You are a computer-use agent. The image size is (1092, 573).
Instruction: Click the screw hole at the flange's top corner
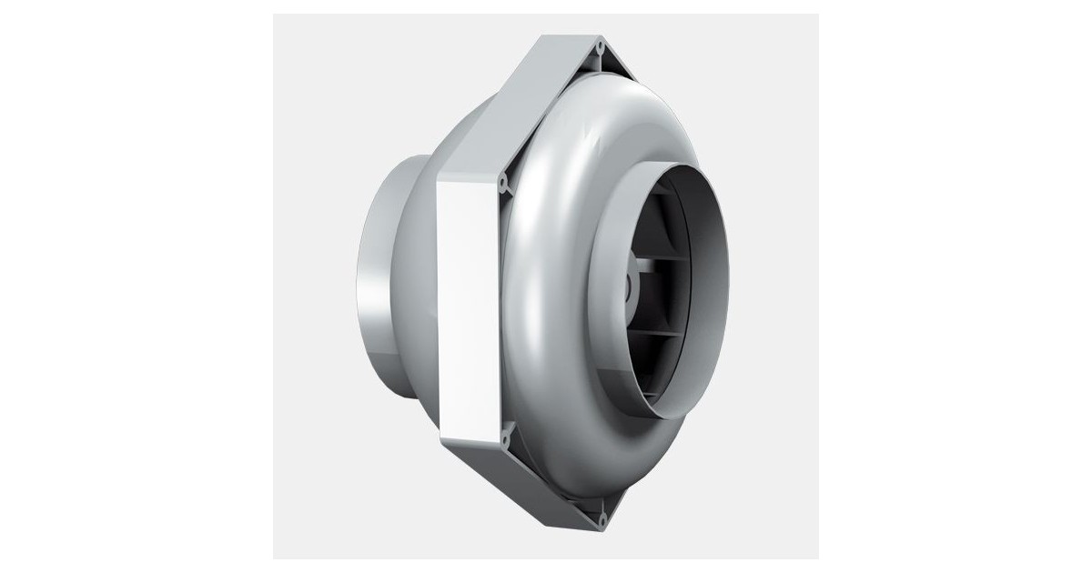coord(600,43)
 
